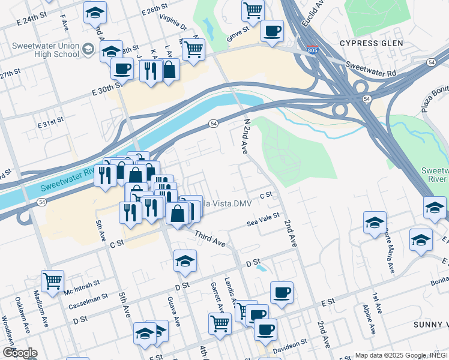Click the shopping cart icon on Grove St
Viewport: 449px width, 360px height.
point(253,10)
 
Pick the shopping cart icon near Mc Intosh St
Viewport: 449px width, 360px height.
point(53,280)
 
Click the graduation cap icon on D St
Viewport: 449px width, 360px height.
point(185,260)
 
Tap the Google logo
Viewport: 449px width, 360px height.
point(20,353)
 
